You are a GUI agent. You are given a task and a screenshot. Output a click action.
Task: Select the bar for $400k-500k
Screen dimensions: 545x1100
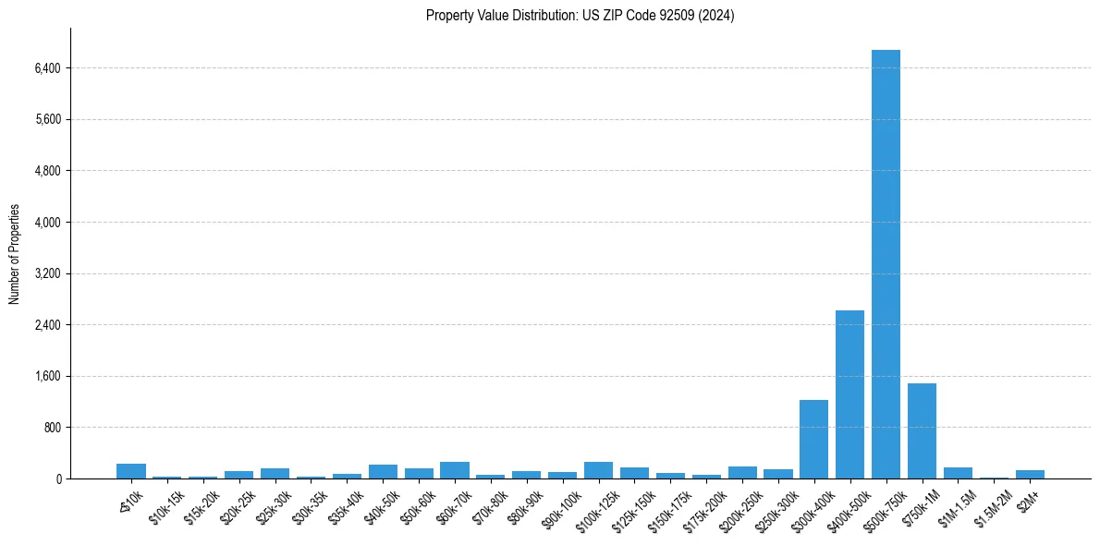click(x=849, y=394)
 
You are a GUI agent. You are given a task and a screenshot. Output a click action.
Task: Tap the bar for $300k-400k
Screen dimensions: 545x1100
click(x=813, y=439)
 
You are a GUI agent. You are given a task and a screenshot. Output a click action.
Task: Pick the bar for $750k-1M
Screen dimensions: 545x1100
click(x=922, y=430)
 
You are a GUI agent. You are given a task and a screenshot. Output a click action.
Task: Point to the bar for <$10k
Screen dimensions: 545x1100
click(x=131, y=471)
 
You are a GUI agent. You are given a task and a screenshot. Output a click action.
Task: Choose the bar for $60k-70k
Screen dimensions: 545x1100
click(x=454, y=470)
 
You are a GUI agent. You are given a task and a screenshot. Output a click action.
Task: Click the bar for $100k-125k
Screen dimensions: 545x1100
click(x=598, y=470)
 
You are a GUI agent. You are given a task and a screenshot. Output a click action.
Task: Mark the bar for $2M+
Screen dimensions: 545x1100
click(x=1030, y=474)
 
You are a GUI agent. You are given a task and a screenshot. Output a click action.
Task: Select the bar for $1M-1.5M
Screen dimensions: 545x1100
click(x=958, y=473)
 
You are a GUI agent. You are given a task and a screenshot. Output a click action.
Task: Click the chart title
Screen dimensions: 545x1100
click(x=580, y=16)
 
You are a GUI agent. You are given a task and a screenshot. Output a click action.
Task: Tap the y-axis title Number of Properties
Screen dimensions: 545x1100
click(x=15, y=254)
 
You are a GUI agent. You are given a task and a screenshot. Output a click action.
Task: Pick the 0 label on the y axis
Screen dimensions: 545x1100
click(x=57, y=479)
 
